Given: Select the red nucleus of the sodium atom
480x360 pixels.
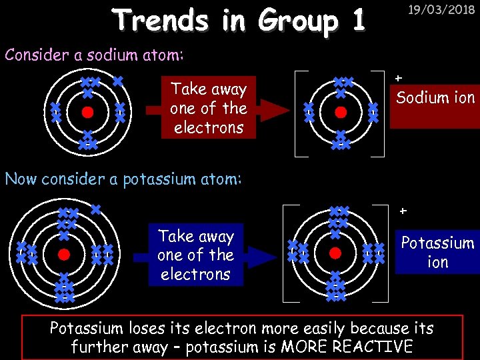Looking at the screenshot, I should click(87, 113).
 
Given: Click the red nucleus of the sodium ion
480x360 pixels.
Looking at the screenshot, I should click(341, 113).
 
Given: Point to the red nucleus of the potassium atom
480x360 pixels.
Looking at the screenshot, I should click(63, 254).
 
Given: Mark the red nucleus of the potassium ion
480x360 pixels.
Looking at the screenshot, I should click(335, 253).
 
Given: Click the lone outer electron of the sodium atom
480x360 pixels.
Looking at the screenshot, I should click(117, 81).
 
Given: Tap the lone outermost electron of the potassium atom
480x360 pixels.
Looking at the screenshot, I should click(95, 209).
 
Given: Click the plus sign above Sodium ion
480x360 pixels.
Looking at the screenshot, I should click(399, 79).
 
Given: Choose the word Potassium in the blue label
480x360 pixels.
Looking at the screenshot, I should click(437, 243).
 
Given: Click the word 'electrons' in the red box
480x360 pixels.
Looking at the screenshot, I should click(208, 127).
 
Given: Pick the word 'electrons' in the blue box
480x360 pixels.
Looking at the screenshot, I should click(195, 274).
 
